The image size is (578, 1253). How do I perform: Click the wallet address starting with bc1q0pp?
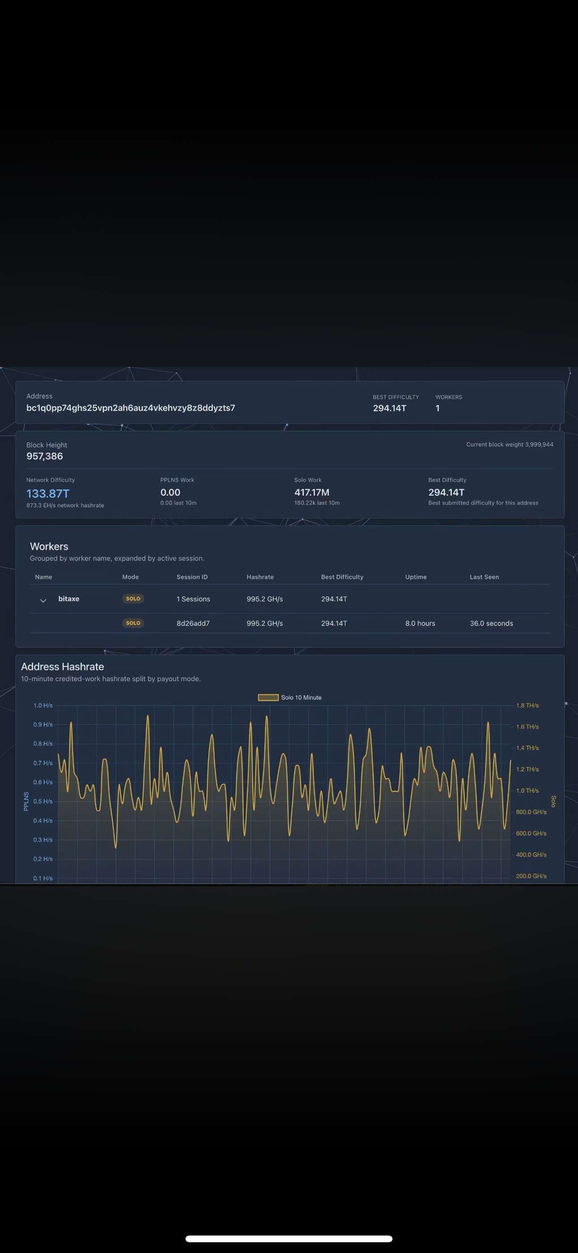[130, 408]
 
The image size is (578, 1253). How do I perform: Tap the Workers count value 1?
[437, 408]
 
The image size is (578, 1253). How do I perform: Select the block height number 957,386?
[45, 456]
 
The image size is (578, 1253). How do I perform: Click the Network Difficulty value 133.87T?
[47, 493]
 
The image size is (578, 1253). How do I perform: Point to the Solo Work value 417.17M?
[312, 492]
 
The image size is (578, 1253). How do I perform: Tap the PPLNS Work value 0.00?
[170, 492]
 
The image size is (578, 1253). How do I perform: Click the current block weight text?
[510, 444]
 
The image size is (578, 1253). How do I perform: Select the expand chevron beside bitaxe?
[43, 600]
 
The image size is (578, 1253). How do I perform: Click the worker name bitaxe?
[69, 598]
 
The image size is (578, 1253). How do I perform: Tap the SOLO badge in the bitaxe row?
[133, 598]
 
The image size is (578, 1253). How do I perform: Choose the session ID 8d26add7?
[193, 623]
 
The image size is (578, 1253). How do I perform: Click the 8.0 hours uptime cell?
[420, 623]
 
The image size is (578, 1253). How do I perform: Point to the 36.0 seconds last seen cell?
[492, 623]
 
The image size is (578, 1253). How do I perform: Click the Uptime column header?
[416, 577]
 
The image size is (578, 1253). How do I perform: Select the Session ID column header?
[192, 577]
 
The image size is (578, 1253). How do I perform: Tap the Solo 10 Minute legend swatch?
[268, 697]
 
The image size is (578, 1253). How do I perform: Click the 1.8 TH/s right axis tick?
[527, 705]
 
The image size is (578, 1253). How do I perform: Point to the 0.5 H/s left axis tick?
[43, 801]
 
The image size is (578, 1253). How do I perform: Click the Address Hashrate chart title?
[62, 666]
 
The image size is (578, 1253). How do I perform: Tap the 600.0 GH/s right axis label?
[531, 833]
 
